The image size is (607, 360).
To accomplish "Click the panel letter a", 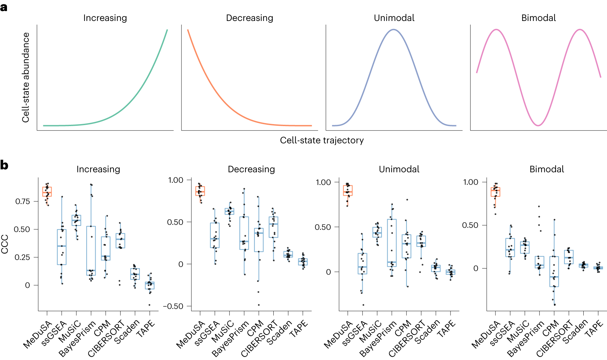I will click(4, 7).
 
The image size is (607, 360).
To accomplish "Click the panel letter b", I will click(4, 165).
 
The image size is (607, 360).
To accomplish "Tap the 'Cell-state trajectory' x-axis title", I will click(322, 140).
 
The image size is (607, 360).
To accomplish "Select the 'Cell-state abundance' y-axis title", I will click(26, 78).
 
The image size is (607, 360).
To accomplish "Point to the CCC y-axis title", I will click(5, 244).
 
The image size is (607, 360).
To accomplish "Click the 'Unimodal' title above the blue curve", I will click(394, 18).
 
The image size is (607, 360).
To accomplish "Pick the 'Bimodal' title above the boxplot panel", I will click(546, 169).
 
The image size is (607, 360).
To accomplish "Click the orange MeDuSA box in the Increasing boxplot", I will click(47, 192).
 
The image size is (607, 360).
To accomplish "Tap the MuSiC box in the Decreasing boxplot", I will click(229, 211).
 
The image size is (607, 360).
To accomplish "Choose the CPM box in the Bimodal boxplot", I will click(554, 271).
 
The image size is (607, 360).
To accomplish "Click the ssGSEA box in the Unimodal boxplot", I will click(362, 264).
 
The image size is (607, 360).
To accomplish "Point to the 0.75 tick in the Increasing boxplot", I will click(23, 201).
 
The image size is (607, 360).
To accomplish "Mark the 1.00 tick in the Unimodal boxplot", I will click(323, 182).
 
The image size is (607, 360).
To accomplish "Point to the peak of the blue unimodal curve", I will click(394, 30).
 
